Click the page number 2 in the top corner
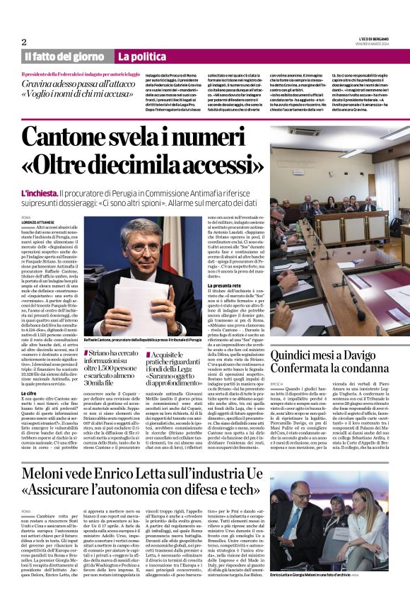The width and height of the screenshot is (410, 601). pyautogui.click(x=25, y=41)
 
